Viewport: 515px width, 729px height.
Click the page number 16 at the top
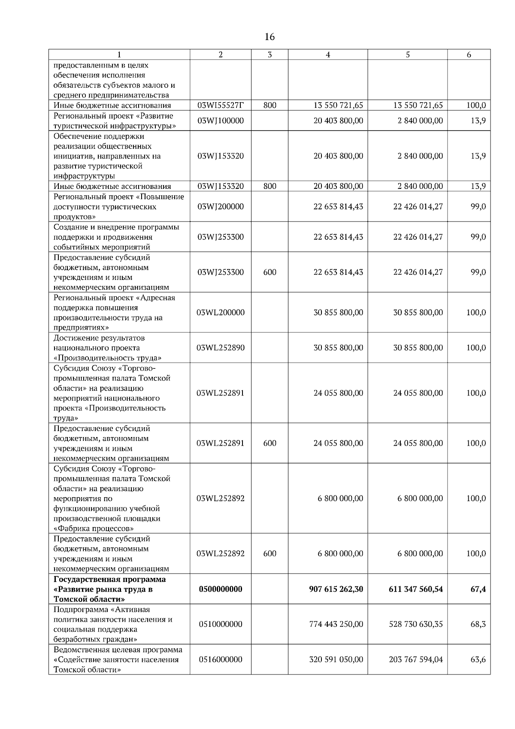(270, 37)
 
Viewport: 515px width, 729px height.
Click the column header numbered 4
(328, 55)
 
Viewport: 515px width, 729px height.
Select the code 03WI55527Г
(220, 105)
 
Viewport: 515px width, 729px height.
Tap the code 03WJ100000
(220, 121)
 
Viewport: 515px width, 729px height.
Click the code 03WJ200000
(220, 207)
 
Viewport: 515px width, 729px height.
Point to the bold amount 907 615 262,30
(336, 589)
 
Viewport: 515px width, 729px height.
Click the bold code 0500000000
(220, 589)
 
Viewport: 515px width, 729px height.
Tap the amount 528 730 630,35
(416, 624)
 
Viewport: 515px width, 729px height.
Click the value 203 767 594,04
(416, 659)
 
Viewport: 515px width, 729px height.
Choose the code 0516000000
(220, 659)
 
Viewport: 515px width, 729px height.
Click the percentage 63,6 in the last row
(478, 659)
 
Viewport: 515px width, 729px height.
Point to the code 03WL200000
(220, 313)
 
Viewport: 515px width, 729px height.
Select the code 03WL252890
(220, 348)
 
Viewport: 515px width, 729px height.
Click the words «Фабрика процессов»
(94, 529)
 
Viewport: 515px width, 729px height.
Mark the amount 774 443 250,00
(336, 624)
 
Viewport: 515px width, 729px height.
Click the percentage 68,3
(478, 624)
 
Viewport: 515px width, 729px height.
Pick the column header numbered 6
(469, 55)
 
